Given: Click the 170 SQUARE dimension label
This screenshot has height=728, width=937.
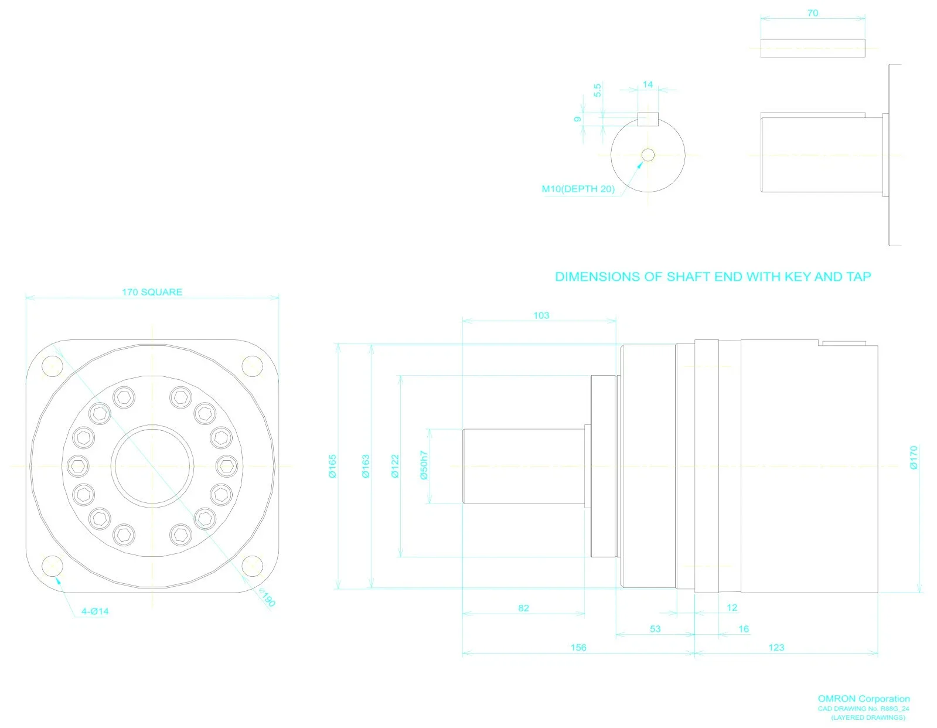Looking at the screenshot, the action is click(x=152, y=292).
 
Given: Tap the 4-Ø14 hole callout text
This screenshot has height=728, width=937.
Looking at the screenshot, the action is click(x=95, y=611).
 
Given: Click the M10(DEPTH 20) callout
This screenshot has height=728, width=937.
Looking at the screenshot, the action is click(x=578, y=189).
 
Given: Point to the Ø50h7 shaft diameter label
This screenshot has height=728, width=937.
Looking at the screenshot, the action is click(x=424, y=465).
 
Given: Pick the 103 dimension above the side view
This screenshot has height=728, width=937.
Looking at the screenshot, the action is click(x=541, y=315).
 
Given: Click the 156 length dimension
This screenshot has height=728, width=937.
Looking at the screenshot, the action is click(x=578, y=647).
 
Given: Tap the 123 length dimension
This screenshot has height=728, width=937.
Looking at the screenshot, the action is click(x=776, y=647).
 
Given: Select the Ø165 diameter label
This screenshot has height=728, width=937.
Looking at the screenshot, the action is click(x=332, y=466).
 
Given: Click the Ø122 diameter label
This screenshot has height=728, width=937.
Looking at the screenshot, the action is click(x=395, y=466).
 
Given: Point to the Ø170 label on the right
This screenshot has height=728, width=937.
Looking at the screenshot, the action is click(x=914, y=458).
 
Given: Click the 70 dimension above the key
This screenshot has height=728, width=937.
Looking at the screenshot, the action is click(x=812, y=13).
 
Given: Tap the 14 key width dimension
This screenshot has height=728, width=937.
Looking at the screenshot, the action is click(x=648, y=84).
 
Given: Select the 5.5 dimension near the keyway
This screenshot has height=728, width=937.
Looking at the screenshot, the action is click(x=597, y=90).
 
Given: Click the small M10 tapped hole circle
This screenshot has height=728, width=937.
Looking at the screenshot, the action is click(x=648, y=155).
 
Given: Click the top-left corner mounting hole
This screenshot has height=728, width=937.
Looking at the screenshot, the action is click(x=53, y=367).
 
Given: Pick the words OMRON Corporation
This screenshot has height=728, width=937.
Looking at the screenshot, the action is click(x=863, y=699).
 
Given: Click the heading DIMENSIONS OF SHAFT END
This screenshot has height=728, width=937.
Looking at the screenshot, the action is click(x=713, y=277).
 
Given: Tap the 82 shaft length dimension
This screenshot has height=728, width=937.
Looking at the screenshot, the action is click(x=523, y=608).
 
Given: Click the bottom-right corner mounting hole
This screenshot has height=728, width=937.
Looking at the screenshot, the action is click(x=253, y=566).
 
